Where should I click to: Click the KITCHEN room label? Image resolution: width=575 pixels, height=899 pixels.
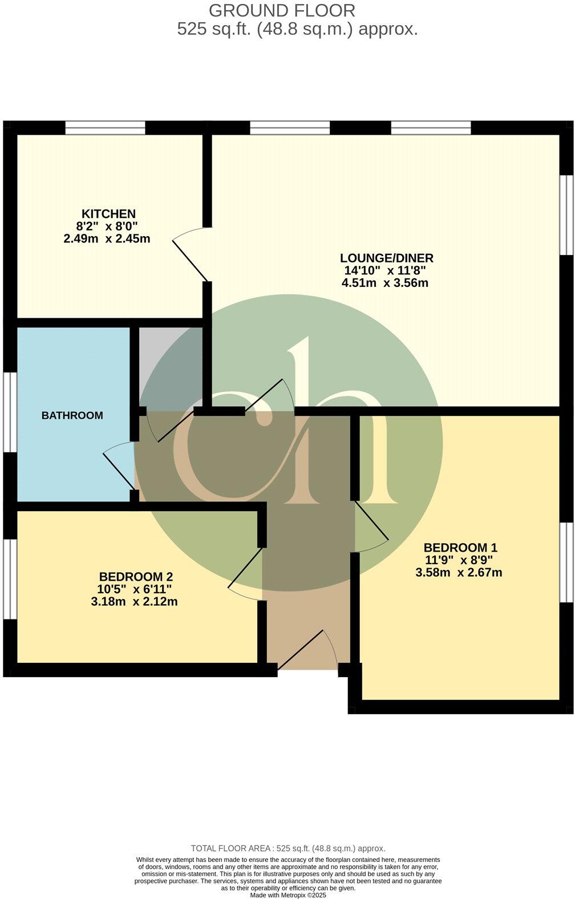[x=108, y=214]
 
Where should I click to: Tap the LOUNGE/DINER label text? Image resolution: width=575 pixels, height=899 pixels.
[x=387, y=258]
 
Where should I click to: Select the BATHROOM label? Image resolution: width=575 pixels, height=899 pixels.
[x=72, y=415]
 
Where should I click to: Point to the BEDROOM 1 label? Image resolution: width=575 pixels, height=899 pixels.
[x=460, y=548]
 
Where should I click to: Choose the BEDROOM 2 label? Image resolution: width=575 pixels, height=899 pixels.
[x=136, y=577]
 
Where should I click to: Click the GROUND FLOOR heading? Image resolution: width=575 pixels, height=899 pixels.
[x=282, y=10]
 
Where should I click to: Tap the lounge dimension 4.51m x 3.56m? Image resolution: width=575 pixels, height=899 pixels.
[x=385, y=282]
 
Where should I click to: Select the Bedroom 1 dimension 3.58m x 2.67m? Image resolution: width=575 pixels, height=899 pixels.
[x=459, y=572]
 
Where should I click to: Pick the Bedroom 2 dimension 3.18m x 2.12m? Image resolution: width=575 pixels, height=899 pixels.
[x=134, y=601]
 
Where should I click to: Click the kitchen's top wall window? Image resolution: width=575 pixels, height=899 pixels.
[x=106, y=128]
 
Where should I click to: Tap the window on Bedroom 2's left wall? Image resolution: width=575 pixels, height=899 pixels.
[x=10, y=579]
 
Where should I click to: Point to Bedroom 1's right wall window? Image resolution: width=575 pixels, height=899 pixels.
[x=566, y=562]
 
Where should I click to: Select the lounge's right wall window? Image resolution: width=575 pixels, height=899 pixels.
[x=566, y=214]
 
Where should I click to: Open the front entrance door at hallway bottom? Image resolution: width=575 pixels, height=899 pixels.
[x=308, y=650]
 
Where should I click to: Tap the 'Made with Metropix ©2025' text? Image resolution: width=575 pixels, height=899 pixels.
[x=288, y=895]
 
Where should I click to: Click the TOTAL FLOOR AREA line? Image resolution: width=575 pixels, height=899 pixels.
[x=288, y=848]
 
